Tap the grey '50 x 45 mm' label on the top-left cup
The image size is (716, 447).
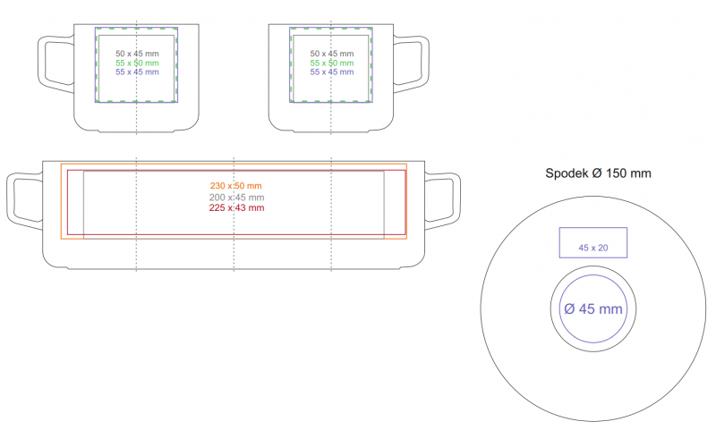click(x=137, y=55)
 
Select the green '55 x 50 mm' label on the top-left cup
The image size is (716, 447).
click(x=137, y=63)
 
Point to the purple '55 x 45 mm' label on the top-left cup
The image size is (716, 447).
click(x=137, y=72)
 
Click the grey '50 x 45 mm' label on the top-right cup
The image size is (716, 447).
click(x=332, y=55)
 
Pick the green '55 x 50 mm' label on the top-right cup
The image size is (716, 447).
click(x=332, y=63)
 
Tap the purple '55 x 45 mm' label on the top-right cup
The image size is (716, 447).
click(x=332, y=72)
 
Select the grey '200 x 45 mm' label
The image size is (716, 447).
click(x=236, y=197)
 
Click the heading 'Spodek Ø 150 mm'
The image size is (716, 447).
click(x=598, y=173)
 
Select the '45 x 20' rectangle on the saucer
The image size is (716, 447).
click(x=592, y=243)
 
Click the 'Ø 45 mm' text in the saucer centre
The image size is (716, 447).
click(x=592, y=309)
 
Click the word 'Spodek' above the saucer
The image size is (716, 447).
click(x=567, y=173)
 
